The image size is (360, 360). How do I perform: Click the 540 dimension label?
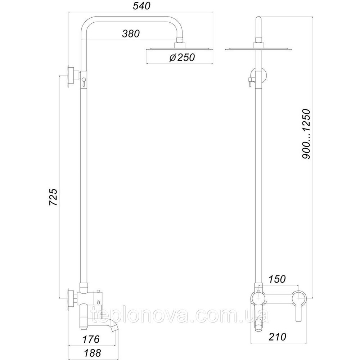click(x=141, y=6)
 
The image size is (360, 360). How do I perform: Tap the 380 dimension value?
click(x=131, y=34)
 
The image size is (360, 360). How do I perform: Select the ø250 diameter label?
click(x=182, y=57)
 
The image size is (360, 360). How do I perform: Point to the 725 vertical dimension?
click(x=54, y=197)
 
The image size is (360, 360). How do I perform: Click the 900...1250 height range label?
click(x=306, y=134)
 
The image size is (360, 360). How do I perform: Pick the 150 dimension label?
click(x=277, y=279)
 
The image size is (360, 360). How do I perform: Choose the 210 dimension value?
click(x=278, y=337)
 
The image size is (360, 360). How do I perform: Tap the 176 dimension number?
click(x=91, y=339)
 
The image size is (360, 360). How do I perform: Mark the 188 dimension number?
click(x=92, y=353)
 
